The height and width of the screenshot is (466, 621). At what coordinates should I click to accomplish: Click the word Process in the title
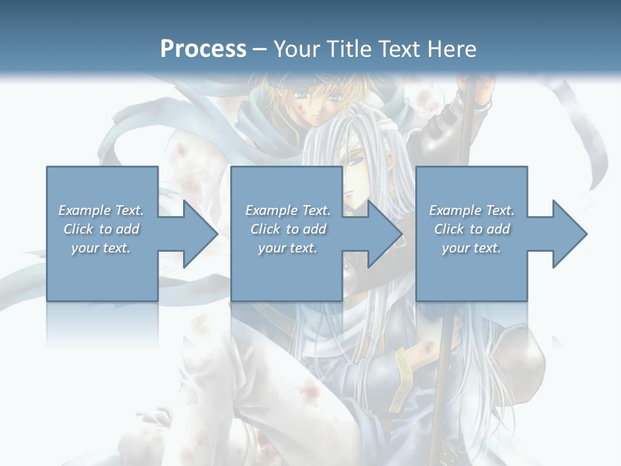[203, 49]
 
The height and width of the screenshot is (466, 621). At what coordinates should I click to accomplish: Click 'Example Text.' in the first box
[101, 210]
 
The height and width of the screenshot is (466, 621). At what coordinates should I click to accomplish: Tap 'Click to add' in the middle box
[288, 229]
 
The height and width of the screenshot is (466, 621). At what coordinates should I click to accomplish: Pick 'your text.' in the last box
[472, 248]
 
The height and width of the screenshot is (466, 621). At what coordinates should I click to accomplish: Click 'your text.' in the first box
[101, 248]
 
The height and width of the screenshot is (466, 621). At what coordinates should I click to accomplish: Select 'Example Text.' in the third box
[472, 210]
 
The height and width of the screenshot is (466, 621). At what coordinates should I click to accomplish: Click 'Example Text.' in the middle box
[288, 210]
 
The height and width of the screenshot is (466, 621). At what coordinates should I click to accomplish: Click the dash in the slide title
[260, 49]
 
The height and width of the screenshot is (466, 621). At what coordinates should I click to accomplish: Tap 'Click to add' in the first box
[101, 229]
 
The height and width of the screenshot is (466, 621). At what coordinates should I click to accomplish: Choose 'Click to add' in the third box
[472, 229]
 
